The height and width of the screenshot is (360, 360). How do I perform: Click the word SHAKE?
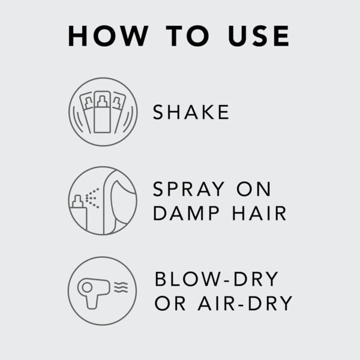click(191, 112)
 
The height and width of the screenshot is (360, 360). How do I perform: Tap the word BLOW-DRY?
click(217, 280)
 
